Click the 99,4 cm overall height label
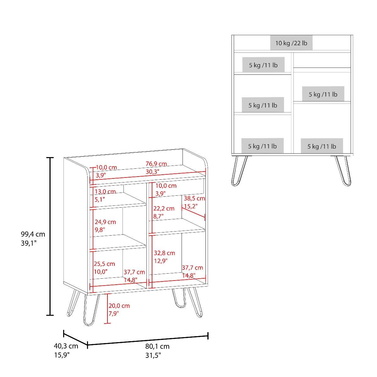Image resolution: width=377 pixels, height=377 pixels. tap(33, 234)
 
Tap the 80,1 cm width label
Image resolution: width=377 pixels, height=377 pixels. tap(157, 346)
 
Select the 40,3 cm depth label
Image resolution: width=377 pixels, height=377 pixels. tap(66, 346)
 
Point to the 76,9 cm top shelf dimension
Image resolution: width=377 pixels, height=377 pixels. tap(156, 164)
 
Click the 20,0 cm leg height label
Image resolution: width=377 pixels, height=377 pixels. tap(119, 306)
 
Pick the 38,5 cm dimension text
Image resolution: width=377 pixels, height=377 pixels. tap(194, 198)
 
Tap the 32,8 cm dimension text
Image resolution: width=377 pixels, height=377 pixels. tap(164, 253)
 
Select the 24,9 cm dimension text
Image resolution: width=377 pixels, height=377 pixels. tap(105, 222)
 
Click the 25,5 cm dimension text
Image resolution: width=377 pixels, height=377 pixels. tap(104, 264)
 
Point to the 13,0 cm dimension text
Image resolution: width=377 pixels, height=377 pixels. tap(105, 191)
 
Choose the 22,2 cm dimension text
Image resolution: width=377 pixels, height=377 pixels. tap(164, 208)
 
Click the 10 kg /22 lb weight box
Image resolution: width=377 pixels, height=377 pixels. tap(291, 43)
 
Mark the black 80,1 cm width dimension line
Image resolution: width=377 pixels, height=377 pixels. tap(148, 341)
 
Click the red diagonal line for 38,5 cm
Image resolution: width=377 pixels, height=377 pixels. tap(193, 212)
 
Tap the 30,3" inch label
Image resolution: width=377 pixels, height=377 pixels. tap(152, 172)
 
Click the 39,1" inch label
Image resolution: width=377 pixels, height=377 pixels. tap(29, 243)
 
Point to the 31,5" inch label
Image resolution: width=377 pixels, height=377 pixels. tap(153, 355)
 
